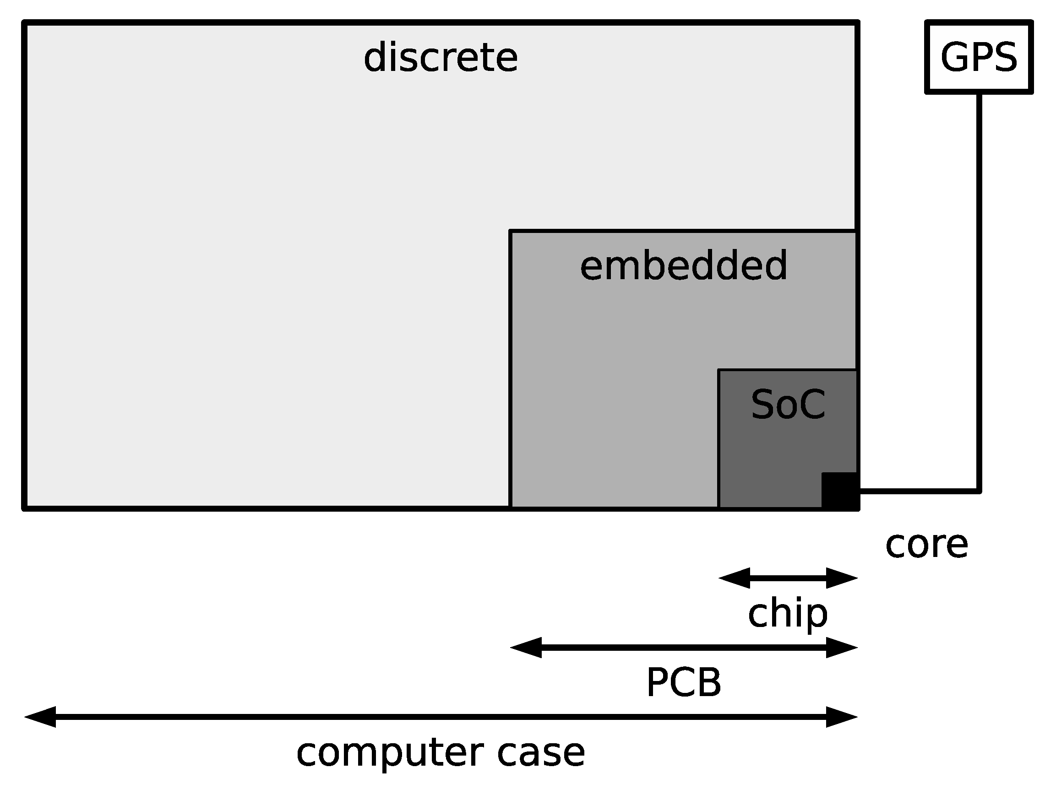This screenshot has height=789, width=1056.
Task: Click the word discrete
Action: click(x=440, y=58)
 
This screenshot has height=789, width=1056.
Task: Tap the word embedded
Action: click(x=683, y=266)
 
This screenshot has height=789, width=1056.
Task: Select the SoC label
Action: click(x=788, y=405)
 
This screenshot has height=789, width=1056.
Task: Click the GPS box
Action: click(x=979, y=57)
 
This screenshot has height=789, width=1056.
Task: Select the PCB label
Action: click(x=683, y=683)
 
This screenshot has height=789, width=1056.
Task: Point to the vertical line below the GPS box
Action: click(x=979, y=286)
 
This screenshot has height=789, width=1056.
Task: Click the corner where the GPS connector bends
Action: click(x=979, y=491)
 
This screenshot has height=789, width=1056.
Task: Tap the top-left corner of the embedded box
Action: click(x=511, y=232)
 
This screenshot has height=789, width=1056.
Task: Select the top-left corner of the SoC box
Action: click(x=719, y=370)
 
